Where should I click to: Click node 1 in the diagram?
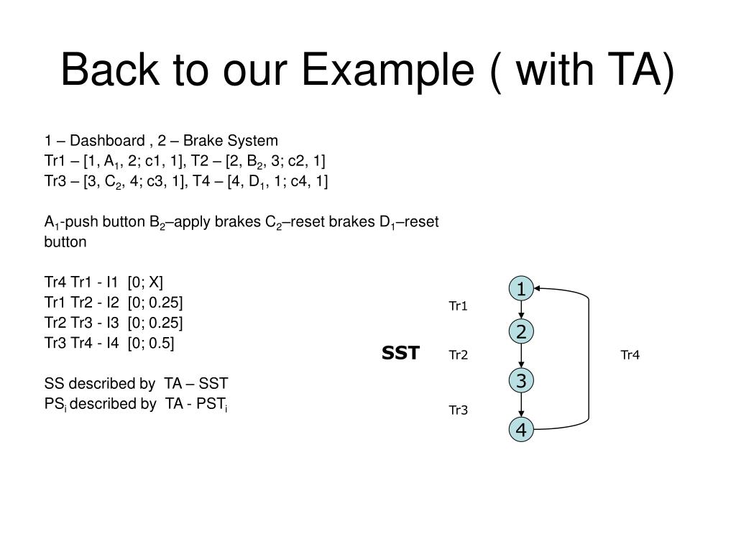coord(520,289)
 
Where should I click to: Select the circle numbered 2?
coord(520,331)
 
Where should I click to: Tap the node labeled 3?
coord(520,380)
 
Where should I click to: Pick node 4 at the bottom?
coord(520,430)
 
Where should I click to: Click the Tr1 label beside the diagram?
coord(459,307)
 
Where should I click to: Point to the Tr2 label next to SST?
coord(459,354)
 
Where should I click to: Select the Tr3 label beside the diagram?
coord(459,410)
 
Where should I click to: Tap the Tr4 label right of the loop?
coord(630,354)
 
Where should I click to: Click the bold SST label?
coord(400,353)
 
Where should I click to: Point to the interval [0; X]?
coord(150,281)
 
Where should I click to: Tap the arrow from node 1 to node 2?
coord(520,310)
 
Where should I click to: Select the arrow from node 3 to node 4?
coord(520,405)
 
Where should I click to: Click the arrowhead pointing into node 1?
coord(538,289)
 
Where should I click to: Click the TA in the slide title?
coord(639,72)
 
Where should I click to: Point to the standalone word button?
coord(65,242)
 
